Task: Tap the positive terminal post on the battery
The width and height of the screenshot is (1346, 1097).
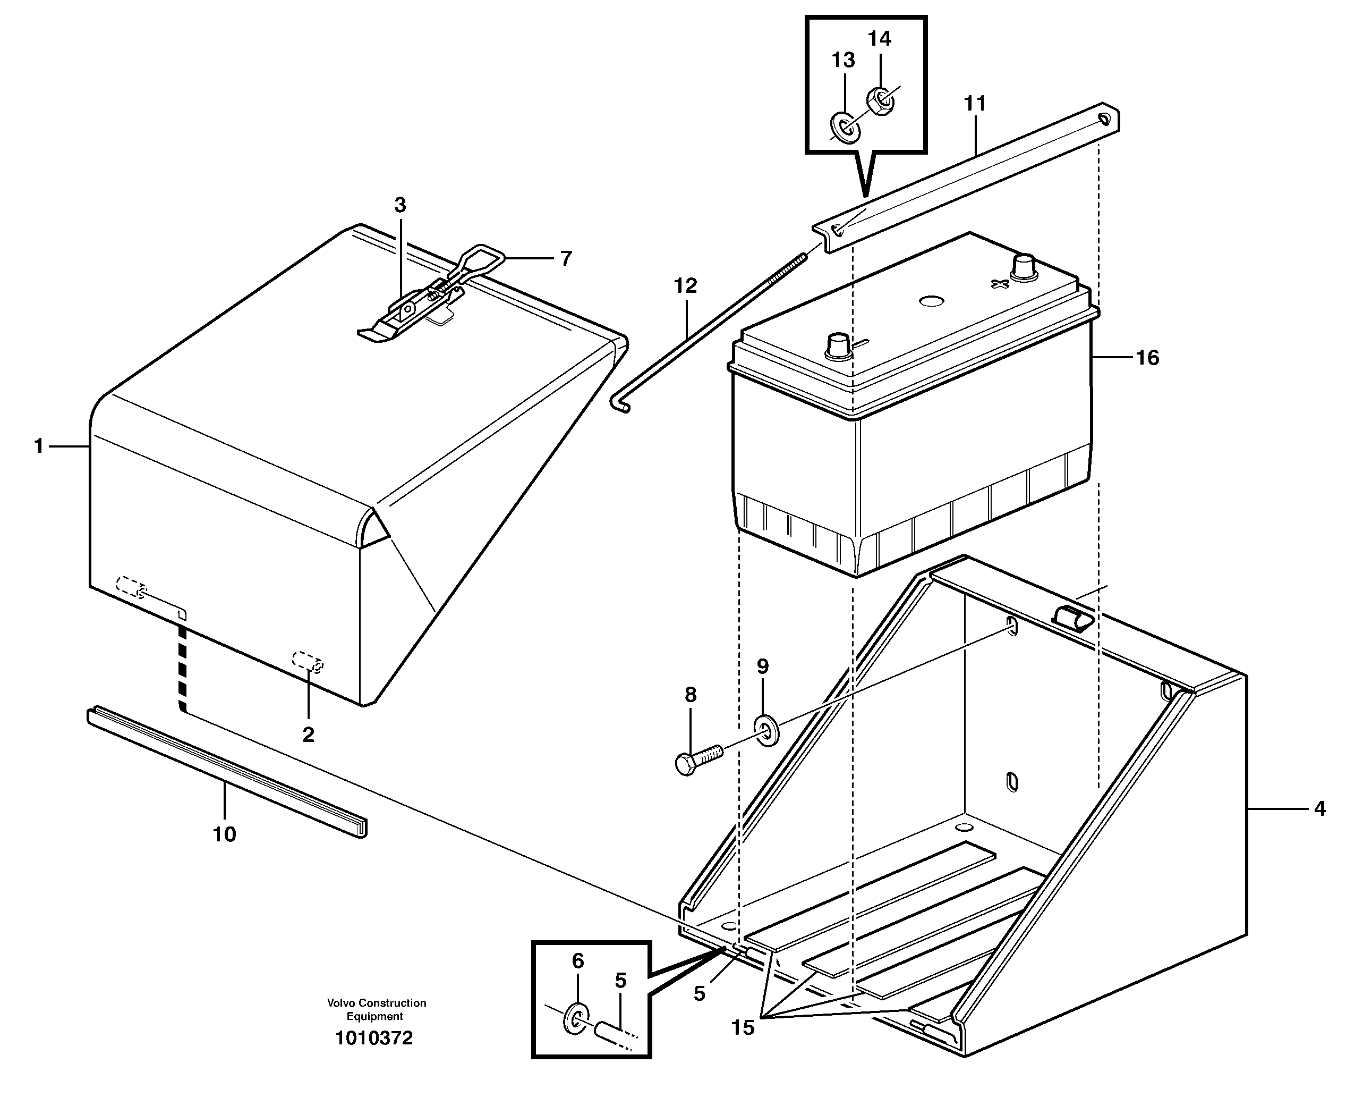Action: [1024, 268]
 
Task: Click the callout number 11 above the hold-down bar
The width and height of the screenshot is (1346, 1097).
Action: [974, 103]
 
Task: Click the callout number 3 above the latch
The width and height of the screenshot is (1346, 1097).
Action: [400, 205]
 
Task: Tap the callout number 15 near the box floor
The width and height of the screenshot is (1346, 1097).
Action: [742, 1028]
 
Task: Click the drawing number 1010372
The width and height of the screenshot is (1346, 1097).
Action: [374, 1038]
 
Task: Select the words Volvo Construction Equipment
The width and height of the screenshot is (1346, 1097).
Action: [377, 1009]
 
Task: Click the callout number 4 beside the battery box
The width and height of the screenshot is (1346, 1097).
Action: [1319, 808]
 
